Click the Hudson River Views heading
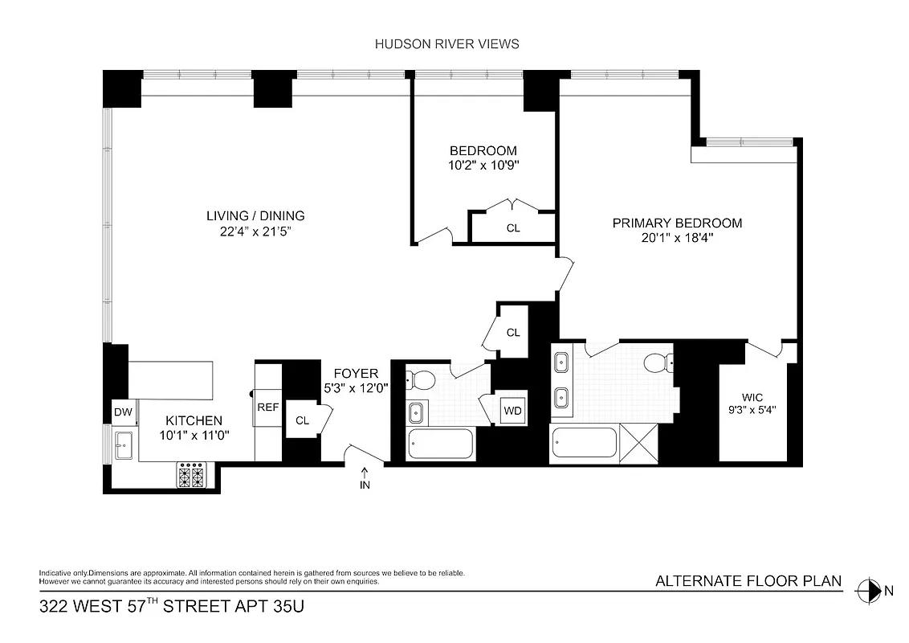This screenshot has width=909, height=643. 446,44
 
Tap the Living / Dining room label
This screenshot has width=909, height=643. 255,215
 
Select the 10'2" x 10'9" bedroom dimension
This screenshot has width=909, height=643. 483,166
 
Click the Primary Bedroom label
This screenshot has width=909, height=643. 677,223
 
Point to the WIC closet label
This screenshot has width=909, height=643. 752,396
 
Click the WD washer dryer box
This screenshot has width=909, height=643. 512,411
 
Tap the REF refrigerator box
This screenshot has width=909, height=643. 267,408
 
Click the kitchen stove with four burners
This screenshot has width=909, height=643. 192,475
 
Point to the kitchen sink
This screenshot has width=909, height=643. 124,444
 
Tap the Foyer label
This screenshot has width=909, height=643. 355,373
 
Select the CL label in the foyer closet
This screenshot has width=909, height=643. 302,420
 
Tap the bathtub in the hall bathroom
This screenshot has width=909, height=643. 440,444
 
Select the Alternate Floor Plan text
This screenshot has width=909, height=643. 748,581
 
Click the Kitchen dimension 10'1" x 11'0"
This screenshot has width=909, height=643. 194,436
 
